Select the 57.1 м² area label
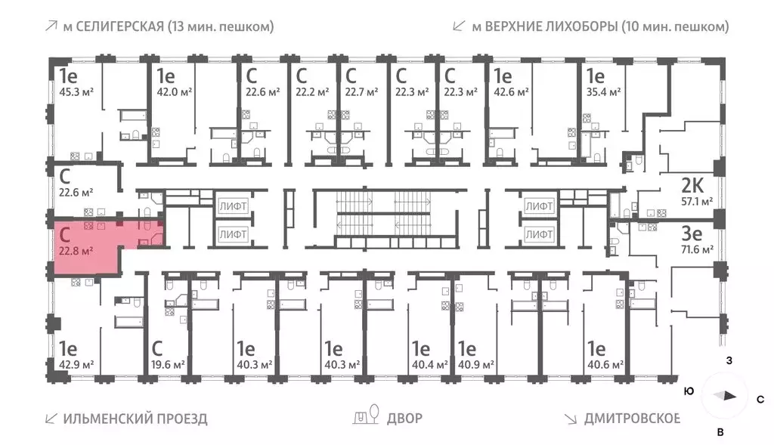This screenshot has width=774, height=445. pyautogui.click(x=697, y=202)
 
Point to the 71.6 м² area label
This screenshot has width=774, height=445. pyautogui.click(x=697, y=249)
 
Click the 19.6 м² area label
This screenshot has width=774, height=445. pyautogui.click(x=168, y=365)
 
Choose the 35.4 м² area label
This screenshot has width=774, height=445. pyautogui.click(x=602, y=92)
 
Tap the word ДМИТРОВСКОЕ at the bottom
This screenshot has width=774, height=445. pyautogui.click(x=632, y=418)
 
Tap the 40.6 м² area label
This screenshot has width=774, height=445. pyautogui.click(x=605, y=365)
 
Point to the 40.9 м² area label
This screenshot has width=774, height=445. pyautogui.click(x=475, y=365)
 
